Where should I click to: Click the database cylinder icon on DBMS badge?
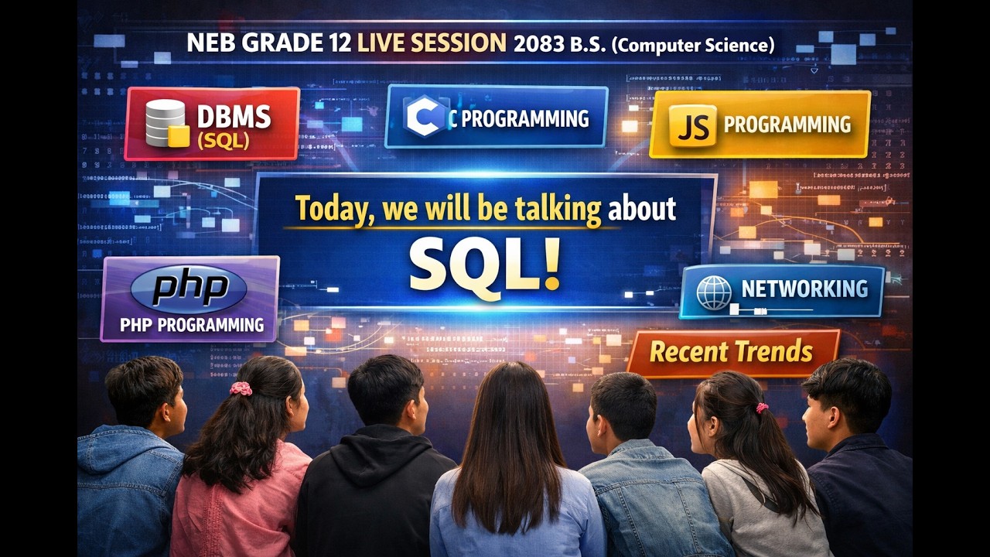166,124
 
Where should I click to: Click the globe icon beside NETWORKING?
713,292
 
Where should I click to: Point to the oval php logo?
188,287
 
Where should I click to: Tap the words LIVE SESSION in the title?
432,43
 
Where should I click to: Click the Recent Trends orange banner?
732,352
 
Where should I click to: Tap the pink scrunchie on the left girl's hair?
241,388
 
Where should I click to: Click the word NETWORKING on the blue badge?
804,289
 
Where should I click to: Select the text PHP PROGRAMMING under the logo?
192,325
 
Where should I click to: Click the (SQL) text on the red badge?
223,142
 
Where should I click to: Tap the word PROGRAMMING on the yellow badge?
787,124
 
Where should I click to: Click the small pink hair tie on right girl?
762,407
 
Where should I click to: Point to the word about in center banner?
642,210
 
